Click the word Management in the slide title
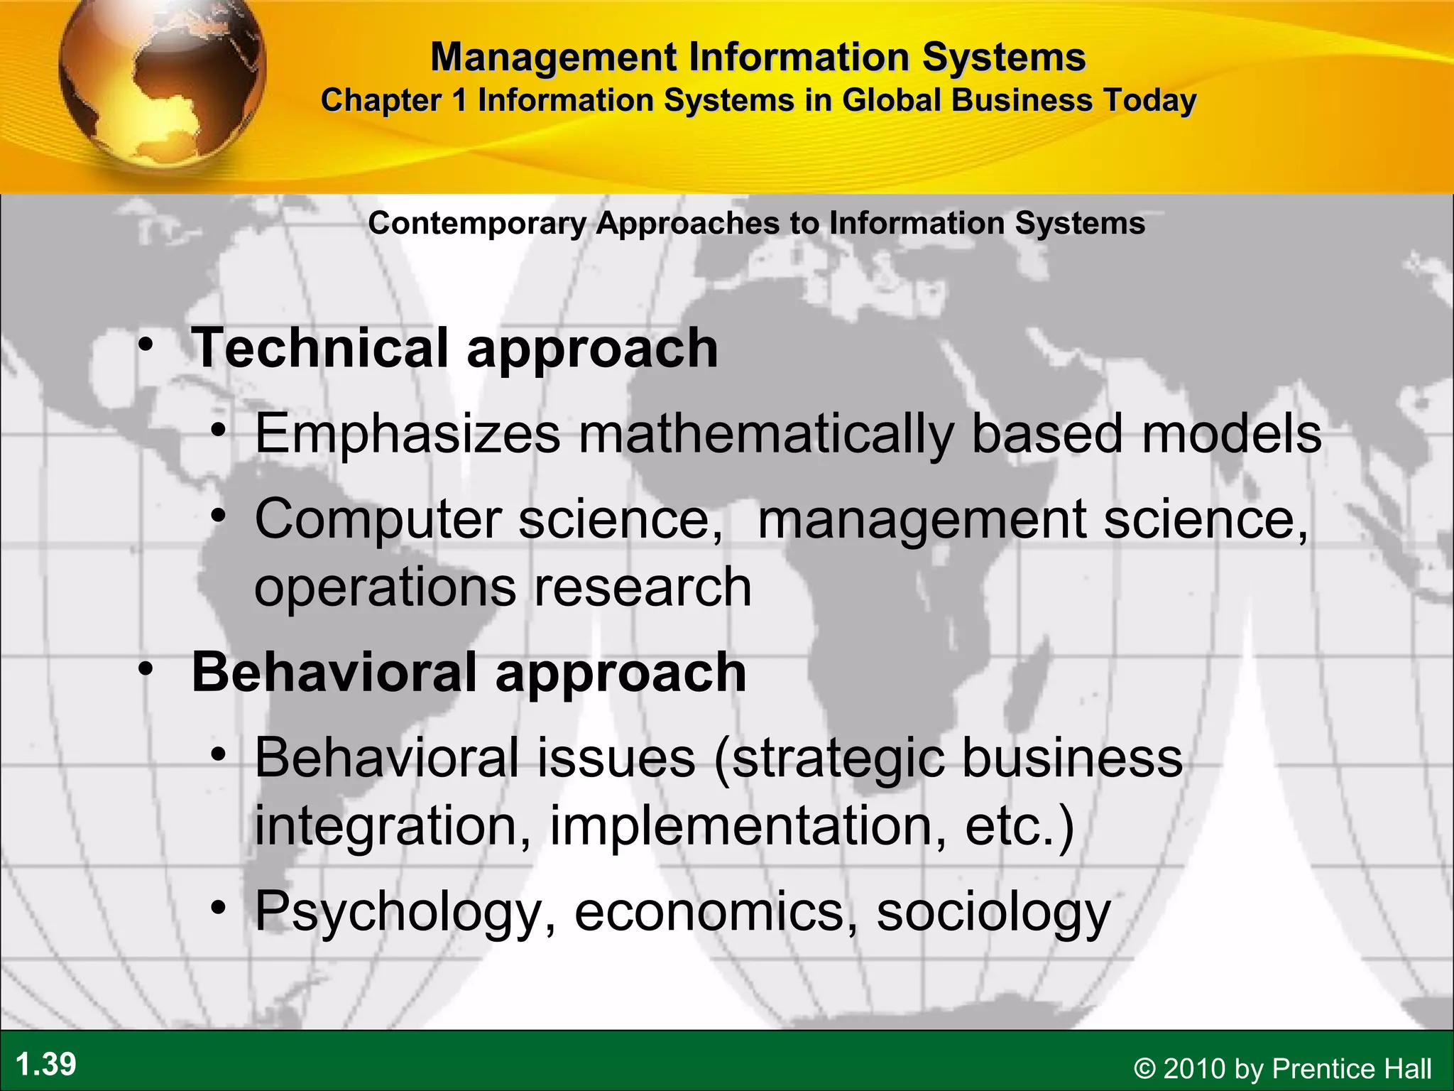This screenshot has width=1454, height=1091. point(554,57)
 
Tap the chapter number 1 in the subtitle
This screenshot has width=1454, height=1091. point(460,100)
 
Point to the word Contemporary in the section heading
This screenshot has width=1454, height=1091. point(477,224)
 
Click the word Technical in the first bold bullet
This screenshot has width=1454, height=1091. point(319,348)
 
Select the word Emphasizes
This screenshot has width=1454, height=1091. point(408,433)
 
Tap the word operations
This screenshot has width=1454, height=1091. point(385,588)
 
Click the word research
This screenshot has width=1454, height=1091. point(643,588)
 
